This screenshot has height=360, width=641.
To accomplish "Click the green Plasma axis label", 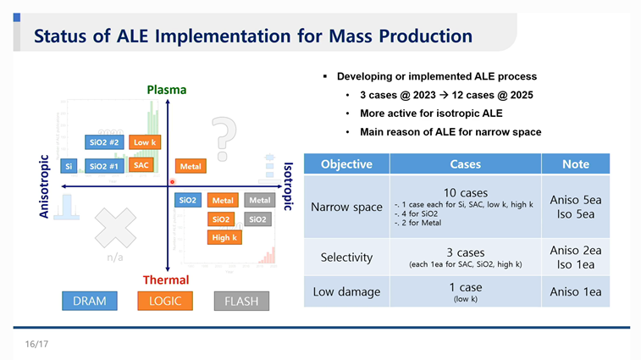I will [x=166, y=90].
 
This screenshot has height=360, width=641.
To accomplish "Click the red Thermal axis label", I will [x=165, y=280].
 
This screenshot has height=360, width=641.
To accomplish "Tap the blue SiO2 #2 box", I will [x=105, y=142].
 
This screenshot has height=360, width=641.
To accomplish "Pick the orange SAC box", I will [x=141, y=165].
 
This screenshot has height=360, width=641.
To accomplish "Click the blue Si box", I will [x=69, y=166].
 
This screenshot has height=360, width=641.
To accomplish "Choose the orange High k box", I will [x=224, y=238].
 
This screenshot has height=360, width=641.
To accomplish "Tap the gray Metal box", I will [x=259, y=201].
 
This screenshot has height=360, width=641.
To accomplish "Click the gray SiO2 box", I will [x=259, y=219].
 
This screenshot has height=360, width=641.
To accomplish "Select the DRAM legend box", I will [x=90, y=301].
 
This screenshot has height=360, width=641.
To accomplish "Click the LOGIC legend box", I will [x=165, y=301].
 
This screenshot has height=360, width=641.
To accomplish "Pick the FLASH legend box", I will [x=241, y=301].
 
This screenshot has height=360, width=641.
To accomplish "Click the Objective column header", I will [x=346, y=164].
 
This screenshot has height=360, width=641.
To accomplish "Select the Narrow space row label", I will [x=346, y=208].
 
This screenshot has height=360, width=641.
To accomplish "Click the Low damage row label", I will [x=346, y=292].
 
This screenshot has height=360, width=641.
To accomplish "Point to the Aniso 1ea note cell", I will [x=576, y=292].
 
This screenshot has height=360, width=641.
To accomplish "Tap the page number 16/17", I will [x=36, y=345].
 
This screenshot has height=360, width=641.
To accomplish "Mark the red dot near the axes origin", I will [x=172, y=181].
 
